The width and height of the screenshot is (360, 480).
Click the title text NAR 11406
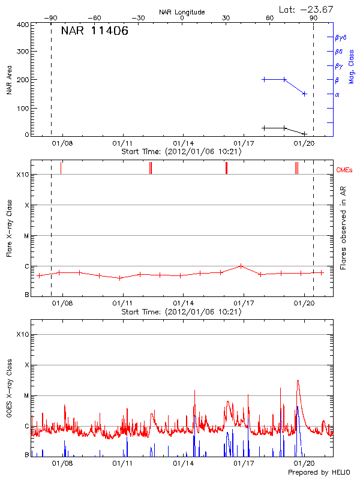pos(94,32)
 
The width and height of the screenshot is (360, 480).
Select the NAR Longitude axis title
pos(182,11)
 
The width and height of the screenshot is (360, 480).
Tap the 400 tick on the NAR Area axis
pos(23,25)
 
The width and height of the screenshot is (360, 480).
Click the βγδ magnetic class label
pos(340,37)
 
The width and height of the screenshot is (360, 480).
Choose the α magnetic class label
pos(337,94)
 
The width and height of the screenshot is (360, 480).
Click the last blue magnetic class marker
pos(305,94)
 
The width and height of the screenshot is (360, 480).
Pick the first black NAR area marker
pos(264,128)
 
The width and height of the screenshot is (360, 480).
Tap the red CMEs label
pos(344,170)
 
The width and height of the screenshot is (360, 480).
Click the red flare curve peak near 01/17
pos(241,265)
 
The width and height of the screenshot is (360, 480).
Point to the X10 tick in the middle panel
pos(23,175)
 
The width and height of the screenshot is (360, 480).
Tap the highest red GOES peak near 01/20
pos(298,380)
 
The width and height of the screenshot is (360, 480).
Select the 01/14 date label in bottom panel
pos(183,463)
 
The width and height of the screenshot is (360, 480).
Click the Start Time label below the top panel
pos(181,152)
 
